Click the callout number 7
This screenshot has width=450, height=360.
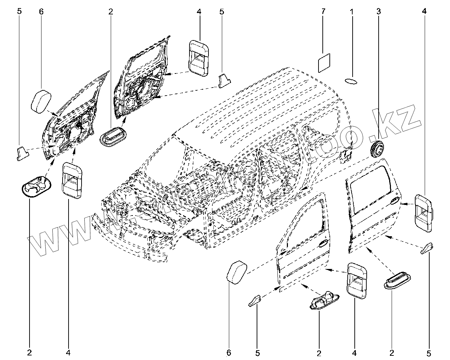pyautogui.click(x=323, y=12)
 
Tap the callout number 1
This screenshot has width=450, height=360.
pyautogui.click(x=351, y=12)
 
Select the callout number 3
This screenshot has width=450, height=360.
pyautogui.click(x=378, y=12)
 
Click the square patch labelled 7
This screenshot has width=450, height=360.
pyautogui.click(x=324, y=63)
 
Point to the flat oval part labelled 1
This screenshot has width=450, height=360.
pyautogui.click(x=351, y=81)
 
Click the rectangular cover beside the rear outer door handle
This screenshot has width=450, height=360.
pyautogui.click(x=423, y=213)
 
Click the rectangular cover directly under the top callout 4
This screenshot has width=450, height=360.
pyautogui.click(x=199, y=58)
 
